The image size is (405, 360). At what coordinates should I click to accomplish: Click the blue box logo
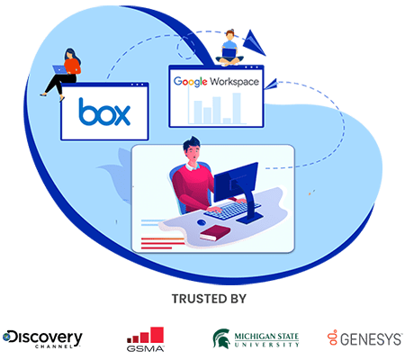(x=104, y=112)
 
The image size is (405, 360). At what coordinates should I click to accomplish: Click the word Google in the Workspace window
(x=190, y=82)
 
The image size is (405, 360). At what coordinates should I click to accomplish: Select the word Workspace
(x=234, y=82)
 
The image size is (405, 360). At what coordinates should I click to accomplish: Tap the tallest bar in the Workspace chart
(x=237, y=108)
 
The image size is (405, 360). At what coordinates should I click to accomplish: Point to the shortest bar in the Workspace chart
(x=227, y=121)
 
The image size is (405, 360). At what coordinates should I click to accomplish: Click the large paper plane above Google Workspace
(x=254, y=42)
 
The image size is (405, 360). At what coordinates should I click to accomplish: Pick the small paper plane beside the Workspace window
(x=270, y=85)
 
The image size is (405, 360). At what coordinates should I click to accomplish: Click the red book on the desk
(x=215, y=232)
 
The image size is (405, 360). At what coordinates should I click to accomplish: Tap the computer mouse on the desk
(x=202, y=222)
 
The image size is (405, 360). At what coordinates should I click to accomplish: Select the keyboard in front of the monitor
(x=232, y=210)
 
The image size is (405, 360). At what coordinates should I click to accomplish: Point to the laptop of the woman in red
(x=59, y=69)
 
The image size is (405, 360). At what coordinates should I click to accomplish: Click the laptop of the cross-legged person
(x=229, y=53)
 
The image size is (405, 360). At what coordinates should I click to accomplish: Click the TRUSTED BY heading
(x=209, y=299)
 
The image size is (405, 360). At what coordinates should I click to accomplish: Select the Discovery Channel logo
(x=42, y=339)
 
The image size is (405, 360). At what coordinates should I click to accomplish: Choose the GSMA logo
(x=146, y=339)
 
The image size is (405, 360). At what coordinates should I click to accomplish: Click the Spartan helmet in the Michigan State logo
(x=221, y=338)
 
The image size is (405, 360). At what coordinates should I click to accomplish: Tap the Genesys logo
(x=364, y=338)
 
